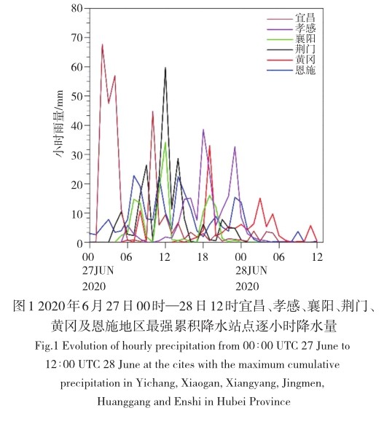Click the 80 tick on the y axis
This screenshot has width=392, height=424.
click(x=77, y=9)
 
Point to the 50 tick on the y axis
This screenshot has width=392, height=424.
click(x=77, y=96)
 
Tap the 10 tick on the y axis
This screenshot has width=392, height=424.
click(x=77, y=213)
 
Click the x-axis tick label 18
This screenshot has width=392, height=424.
click(x=203, y=257)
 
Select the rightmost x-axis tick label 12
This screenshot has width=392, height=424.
click(x=317, y=257)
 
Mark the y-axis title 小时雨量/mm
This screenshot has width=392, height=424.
click(x=58, y=124)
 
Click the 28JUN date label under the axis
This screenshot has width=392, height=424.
click(x=251, y=271)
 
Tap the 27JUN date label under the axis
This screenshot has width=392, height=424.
click(x=98, y=271)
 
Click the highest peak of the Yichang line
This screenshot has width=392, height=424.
click(x=102, y=44)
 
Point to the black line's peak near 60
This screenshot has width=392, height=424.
click(x=165, y=68)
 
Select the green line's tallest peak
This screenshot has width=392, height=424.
click(x=165, y=143)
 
